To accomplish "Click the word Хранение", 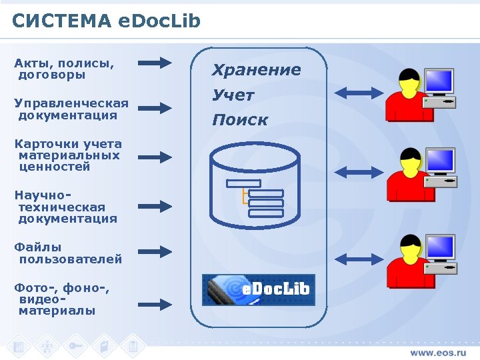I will (x=257, y=69).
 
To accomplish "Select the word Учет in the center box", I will (x=233, y=95).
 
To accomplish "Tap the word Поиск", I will (x=240, y=120).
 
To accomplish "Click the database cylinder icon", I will (x=255, y=185).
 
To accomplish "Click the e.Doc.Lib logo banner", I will (x=258, y=289).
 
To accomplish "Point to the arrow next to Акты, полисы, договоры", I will (x=155, y=63).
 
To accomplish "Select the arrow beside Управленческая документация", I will (x=155, y=108).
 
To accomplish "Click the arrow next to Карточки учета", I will (x=155, y=157).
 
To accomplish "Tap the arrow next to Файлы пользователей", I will (x=155, y=252).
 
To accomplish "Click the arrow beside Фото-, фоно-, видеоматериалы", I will (x=155, y=303).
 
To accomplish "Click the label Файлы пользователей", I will (x=69, y=253).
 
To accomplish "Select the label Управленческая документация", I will (x=71, y=109).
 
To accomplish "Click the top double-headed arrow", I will (x=360, y=92).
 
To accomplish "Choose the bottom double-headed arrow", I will (x=360, y=258).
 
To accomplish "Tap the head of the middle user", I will (x=408, y=161).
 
